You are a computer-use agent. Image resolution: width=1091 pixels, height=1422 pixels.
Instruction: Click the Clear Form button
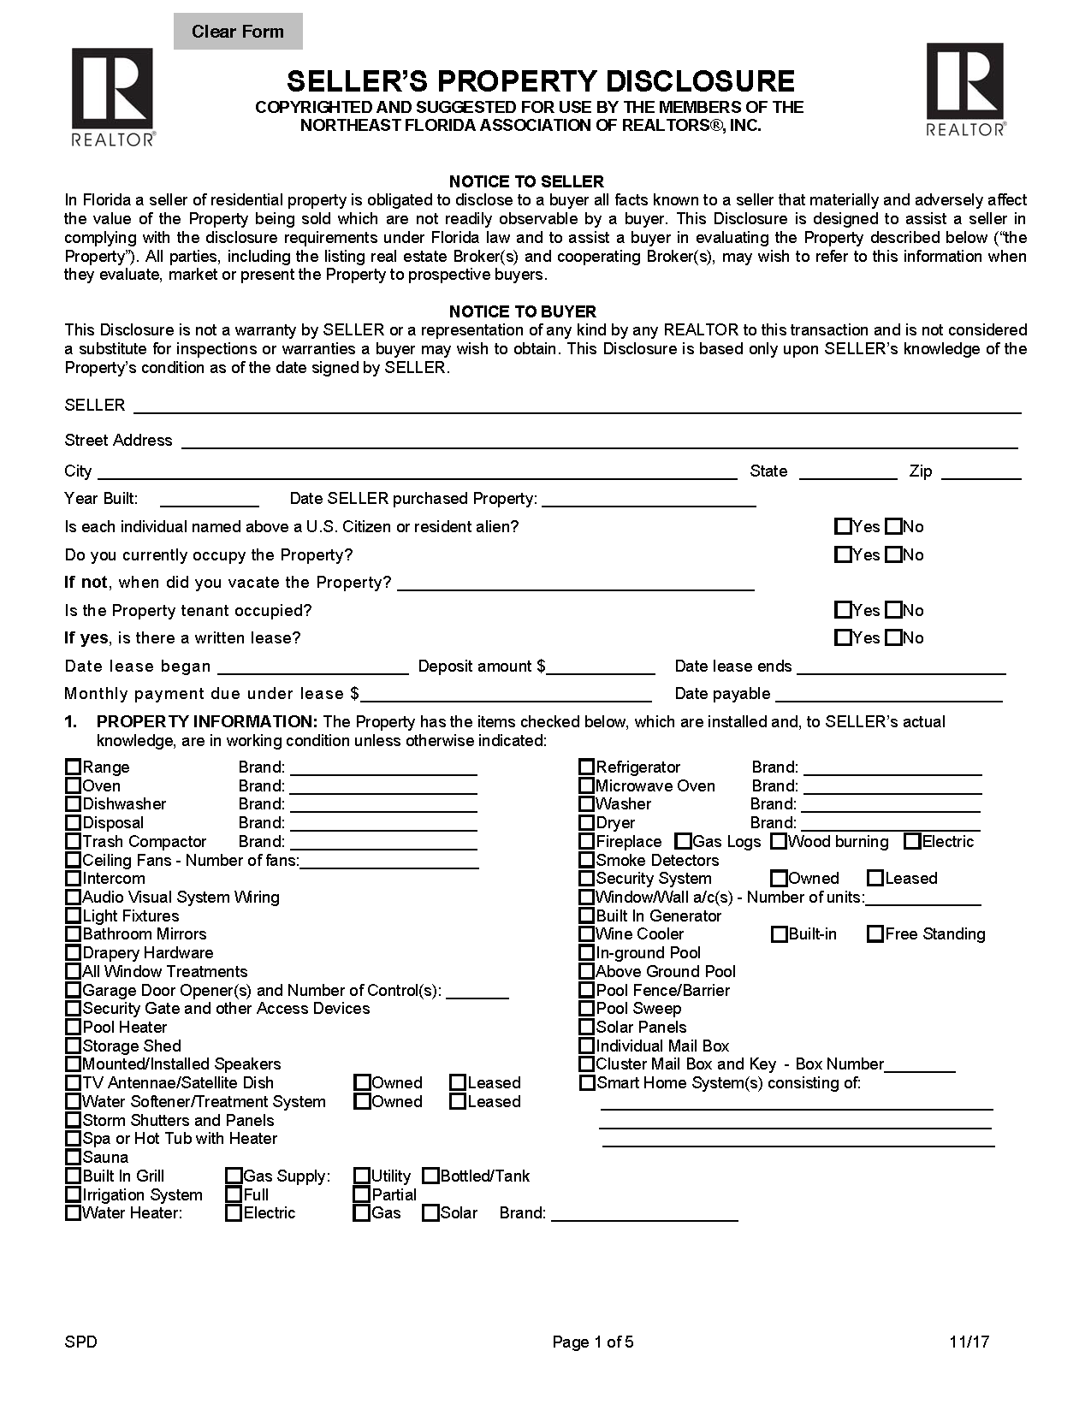pyautogui.click(x=237, y=32)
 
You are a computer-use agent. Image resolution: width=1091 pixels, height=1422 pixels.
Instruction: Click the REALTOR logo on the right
pyautogui.click(x=965, y=89)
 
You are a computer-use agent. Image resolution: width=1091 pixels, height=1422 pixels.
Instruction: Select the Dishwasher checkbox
pyautogui.click(x=74, y=804)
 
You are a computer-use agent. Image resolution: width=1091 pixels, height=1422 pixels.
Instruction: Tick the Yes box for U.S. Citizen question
pyautogui.click(x=843, y=526)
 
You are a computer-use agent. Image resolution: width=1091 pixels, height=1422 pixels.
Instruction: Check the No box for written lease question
pyautogui.click(x=893, y=637)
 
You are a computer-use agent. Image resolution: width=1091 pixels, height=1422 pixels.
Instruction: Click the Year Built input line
pyautogui.click(x=209, y=500)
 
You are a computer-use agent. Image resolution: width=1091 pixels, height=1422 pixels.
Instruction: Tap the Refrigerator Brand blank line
pyautogui.click(x=892, y=767)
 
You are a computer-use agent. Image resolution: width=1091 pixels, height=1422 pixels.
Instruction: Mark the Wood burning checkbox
pyautogui.click(x=778, y=842)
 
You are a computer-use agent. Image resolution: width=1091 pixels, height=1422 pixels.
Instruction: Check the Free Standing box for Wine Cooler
pyautogui.click(x=875, y=934)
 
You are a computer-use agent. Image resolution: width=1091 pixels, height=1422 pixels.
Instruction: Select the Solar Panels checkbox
pyautogui.click(x=586, y=1027)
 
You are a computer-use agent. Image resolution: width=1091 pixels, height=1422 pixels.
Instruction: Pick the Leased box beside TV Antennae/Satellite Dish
pyautogui.click(x=458, y=1083)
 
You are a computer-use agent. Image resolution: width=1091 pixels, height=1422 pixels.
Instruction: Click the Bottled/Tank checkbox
pyautogui.click(x=430, y=1176)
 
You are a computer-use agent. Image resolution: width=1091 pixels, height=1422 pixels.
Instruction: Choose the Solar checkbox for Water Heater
pyautogui.click(x=430, y=1213)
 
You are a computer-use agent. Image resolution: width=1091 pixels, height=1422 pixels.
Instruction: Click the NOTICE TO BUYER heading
pyautogui.click(x=522, y=311)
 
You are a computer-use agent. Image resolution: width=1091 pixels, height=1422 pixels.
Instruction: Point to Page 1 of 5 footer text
pyautogui.click(x=592, y=1342)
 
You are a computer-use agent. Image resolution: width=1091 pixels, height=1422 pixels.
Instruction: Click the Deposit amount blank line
pyautogui.click(x=601, y=667)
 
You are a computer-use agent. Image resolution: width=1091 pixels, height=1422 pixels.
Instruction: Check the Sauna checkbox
pyautogui.click(x=74, y=1158)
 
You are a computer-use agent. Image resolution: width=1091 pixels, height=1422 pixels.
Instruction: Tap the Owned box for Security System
pyautogui.click(x=778, y=879)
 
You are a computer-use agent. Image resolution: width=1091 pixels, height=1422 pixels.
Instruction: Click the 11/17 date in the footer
pyautogui.click(x=969, y=1342)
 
